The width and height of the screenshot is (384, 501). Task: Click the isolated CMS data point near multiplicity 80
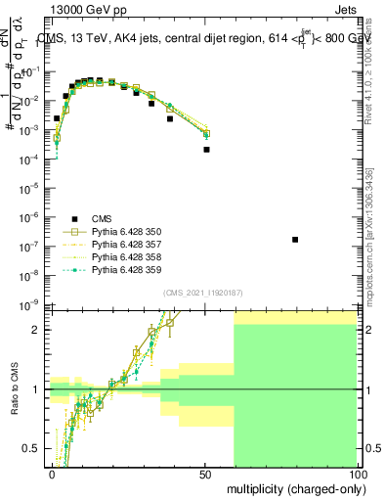point(295,240)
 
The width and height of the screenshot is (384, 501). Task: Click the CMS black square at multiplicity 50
point(206,150)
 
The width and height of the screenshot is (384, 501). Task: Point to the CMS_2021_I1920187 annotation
point(202,293)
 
